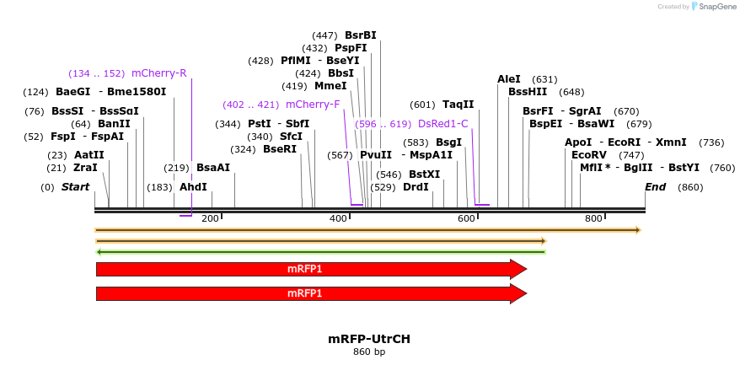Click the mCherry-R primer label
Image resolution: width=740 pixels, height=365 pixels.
coord(159,72)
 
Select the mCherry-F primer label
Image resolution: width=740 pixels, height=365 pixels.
coord(313,105)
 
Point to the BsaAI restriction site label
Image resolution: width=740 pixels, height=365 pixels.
coord(212,168)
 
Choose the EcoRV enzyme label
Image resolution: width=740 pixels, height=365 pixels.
coord(589,155)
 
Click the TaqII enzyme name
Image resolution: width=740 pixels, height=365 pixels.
coord(458,105)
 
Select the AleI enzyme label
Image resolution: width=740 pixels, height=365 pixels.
coord(509,79)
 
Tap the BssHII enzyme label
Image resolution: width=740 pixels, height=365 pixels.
coord(528,92)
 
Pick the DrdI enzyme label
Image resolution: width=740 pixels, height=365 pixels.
coord(416,187)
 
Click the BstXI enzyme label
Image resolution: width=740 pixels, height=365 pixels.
coord(424,174)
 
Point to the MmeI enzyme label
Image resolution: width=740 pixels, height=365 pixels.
coord(330,86)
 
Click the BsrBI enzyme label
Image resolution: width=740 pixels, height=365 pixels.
coord(361,35)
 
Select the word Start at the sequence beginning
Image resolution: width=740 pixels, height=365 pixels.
coord(75,187)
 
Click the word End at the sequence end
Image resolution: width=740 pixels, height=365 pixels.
coord(655,187)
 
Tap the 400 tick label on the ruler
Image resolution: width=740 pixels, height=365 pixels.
coord(339,218)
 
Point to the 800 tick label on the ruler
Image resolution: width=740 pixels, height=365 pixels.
coord(593,218)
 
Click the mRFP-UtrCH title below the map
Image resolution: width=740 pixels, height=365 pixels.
coord(369,339)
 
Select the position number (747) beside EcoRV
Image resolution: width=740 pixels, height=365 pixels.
coord(631,155)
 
